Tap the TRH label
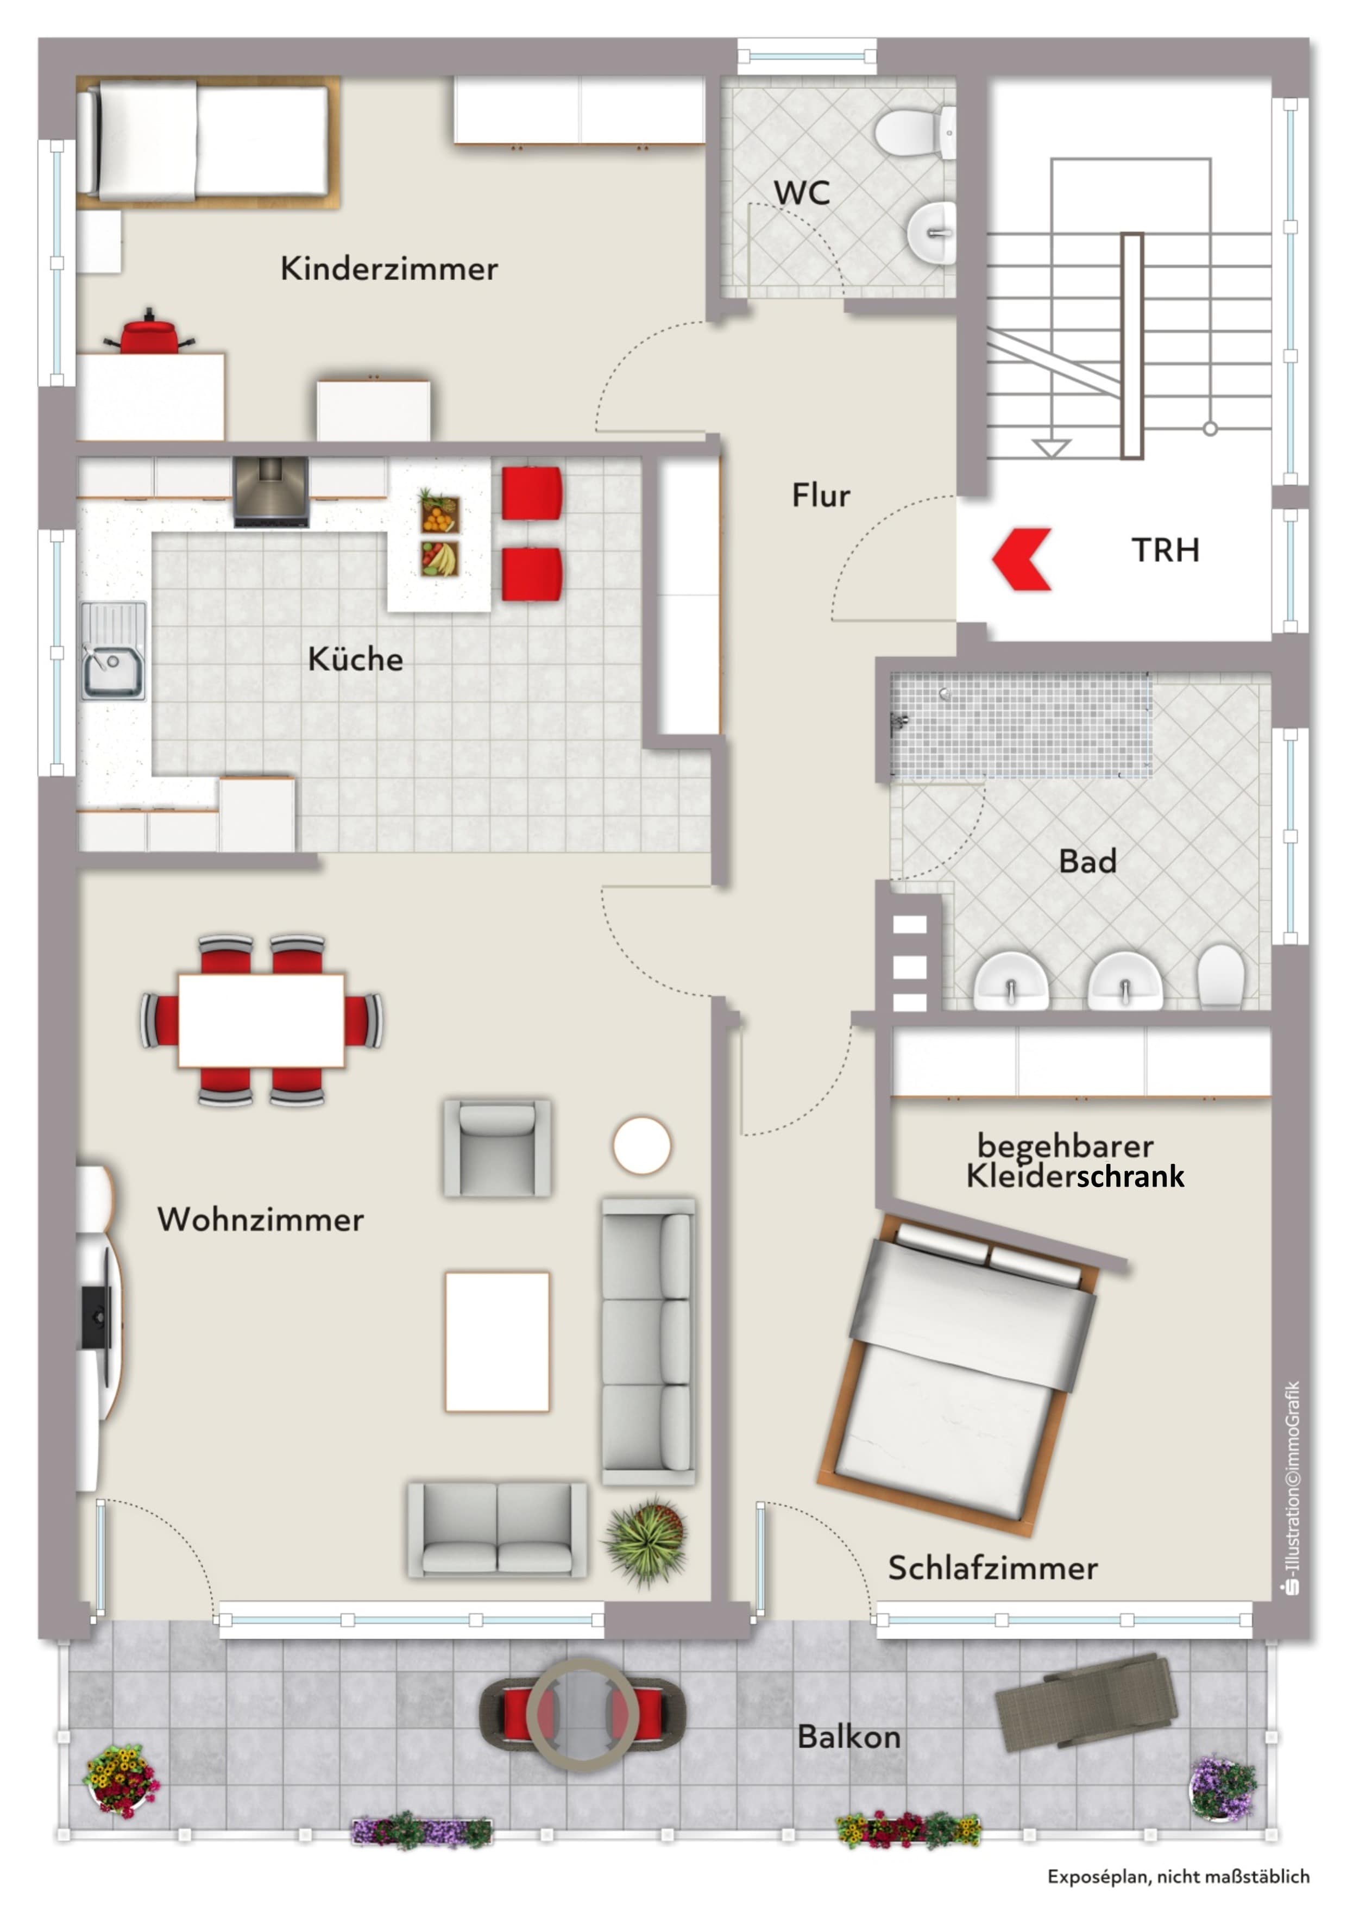(x=1165, y=550)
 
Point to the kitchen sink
(x=113, y=650)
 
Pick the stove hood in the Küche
(x=270, y=492)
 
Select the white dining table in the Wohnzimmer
(x=261, y=1020)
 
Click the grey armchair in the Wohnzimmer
(x=497, y=1148)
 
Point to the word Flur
(x=821, y=496)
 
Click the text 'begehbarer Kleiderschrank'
(x=1075, y=1161)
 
